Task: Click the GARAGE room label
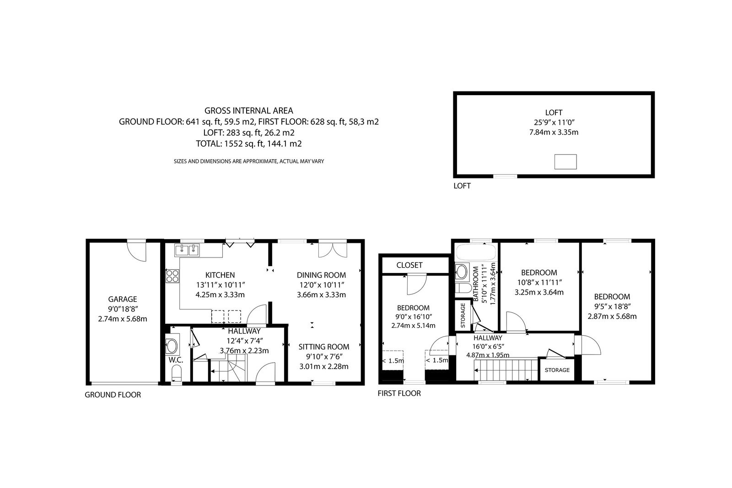[x=123, y=299]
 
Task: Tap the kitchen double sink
[x=187, y=250]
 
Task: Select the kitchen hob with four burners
[x=172, y=275]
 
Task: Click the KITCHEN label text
[x=220, y=275]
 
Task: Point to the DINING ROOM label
[x=321, y=275]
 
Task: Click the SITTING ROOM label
[x=323, y=347]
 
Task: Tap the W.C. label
[x=176, y=360]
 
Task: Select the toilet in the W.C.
[x=177, y=373]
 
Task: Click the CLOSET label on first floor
[x=409, y=265]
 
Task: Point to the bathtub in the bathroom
[x=476, y=252]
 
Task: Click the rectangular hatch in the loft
[x=565, y=162]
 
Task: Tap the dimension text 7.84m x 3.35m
[x=554, y=132]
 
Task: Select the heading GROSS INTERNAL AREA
[x=249, y=111]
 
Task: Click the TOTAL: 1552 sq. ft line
[x=249, y=144]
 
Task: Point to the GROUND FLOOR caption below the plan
[x=113, y=395]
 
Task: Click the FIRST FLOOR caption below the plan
[x=399, y=393]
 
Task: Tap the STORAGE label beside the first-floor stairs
[x=557, y=370]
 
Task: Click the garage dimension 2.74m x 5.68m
[x=123, y=319]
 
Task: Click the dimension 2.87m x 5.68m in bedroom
[x=612, y=316]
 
